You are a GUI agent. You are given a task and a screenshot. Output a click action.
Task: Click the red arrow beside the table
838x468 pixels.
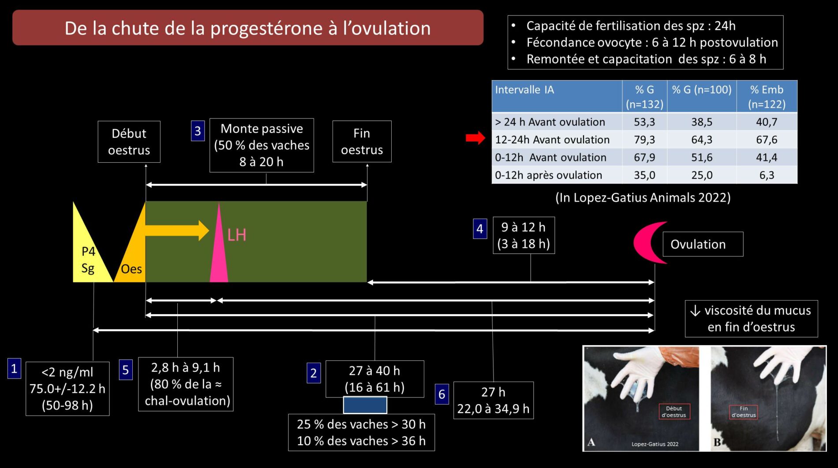pos(475,138)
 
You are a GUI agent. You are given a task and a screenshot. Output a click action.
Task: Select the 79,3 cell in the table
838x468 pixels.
pos(644,140)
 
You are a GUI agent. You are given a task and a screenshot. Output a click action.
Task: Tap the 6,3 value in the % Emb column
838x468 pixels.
pos(767,175)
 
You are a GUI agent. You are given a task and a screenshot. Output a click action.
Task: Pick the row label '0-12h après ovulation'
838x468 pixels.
pos(548,175)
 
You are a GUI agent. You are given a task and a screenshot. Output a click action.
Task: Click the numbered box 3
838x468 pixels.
pos(198,131)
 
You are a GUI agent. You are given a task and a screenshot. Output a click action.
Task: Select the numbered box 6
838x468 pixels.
pos(442,394)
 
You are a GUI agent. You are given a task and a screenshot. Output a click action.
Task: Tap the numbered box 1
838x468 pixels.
pos(14,368)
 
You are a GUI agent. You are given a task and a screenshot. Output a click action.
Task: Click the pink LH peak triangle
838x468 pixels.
pos(219,247)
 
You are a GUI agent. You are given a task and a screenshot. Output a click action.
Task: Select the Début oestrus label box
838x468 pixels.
pos(129,142)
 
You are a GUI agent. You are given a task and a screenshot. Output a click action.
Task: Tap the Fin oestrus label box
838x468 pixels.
pos(362,141)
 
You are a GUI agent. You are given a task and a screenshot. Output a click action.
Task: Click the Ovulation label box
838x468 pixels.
pos(703,244)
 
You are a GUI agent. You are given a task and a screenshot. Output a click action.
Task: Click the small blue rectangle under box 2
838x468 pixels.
pos(365,405)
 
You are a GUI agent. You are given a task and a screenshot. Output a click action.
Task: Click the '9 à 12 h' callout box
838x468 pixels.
pos(524,235)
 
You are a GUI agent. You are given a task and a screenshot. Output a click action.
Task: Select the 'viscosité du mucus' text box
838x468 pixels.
pos(752,319)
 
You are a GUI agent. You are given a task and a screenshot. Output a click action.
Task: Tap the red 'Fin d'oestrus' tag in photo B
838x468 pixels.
pos(744,412)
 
